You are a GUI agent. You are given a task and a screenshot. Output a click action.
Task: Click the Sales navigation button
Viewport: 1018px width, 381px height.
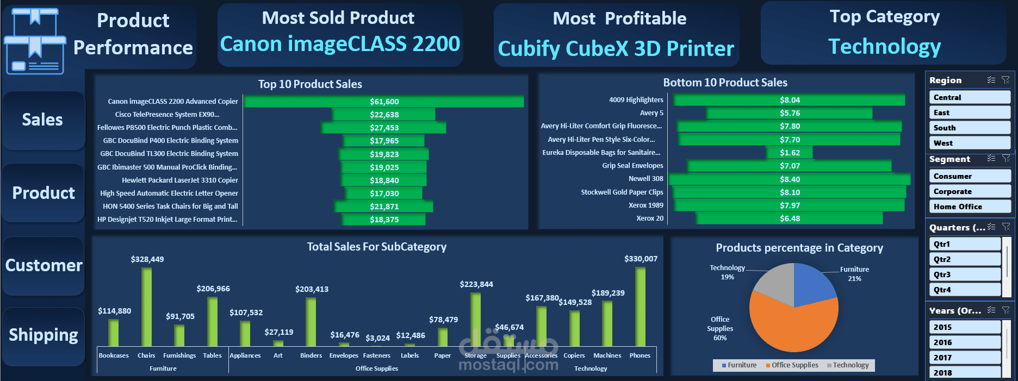[x=43, y=120]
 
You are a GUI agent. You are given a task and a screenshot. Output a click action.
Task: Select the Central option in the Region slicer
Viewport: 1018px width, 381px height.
[x=970, y=97]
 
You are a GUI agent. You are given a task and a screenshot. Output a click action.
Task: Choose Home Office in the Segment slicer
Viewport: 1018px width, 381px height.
[x=970, y=207]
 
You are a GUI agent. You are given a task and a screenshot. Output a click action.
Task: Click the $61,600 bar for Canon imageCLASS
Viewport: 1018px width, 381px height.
[x=384, y=102]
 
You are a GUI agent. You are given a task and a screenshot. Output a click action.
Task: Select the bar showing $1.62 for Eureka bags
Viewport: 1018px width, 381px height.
[x=790, y=153]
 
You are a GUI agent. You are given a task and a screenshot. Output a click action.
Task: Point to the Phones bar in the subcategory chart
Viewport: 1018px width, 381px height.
[x=640, y=307]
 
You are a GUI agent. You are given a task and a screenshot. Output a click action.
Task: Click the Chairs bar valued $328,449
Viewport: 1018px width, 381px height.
[x=146, y=307]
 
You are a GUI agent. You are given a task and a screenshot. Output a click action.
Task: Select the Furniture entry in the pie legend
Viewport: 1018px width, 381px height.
[x=739, y=365]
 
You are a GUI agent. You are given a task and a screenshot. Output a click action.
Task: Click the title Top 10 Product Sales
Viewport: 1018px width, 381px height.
[x=310, y=84]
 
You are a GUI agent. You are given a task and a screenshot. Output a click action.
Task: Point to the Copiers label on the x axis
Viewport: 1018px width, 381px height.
[x=574, y=355]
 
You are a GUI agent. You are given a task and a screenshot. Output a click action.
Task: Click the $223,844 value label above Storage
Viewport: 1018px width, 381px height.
[x=476, y=284]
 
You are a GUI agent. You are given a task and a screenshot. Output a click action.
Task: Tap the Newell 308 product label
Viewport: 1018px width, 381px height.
[x=645, y=179]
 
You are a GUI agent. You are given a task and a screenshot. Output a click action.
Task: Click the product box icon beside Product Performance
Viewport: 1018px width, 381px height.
[x=34, y=41]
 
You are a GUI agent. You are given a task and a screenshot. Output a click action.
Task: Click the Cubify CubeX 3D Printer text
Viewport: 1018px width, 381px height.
[x=616, y=49]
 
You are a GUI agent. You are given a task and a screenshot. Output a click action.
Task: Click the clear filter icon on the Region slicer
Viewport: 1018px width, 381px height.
[x=1005, y=80]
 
